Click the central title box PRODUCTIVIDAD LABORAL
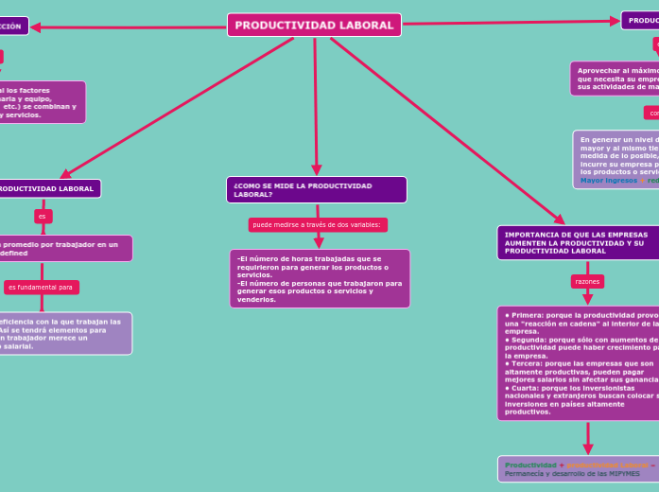tap(314, 25)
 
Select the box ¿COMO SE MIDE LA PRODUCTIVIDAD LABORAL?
tap(316, 189)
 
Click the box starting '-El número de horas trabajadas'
tap(320, 278)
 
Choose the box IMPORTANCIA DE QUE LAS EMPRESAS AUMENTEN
tap(577, 242)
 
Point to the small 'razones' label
tap(587, 282)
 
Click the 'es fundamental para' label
tap(41, 287)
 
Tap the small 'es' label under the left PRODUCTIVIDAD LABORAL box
tap(42, 217)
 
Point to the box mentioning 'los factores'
tap(43, 102)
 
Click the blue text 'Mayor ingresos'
tap(608, 180)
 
